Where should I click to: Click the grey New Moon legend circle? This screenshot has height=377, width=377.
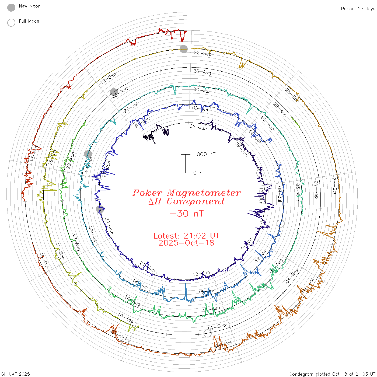tap(11, 8)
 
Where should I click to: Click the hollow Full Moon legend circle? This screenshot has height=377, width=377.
tap(11, 23)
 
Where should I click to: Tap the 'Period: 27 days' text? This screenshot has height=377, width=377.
tap(358, 9)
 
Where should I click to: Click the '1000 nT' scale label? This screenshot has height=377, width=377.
tap(204, 154)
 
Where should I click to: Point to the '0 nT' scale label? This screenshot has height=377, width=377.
tap(199, 173)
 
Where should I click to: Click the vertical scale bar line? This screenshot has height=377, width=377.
tap(185, 164)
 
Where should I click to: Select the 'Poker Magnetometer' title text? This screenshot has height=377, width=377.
tap(187, 193)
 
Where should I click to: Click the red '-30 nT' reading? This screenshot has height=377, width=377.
tap(187, 214)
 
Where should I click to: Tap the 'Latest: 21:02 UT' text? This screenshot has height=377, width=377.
tap(186, 236)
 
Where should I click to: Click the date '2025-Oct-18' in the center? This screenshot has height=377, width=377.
tap(186, 243)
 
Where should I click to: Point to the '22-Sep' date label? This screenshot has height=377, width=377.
tap(203, 53)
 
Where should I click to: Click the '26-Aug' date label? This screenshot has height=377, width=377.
tap(202, 72)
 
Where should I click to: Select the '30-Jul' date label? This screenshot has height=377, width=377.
tap(201, 90)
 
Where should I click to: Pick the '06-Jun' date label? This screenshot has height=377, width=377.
tap(198, 127)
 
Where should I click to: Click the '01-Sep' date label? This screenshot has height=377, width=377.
tap(316, 190)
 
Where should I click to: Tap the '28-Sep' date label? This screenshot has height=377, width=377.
tap(334, 186)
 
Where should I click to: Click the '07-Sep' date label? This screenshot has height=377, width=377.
tap(217, 327)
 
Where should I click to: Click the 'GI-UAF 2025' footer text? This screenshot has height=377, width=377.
tap(15, 374)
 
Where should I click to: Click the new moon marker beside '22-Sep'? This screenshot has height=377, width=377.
tap(184, 49)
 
